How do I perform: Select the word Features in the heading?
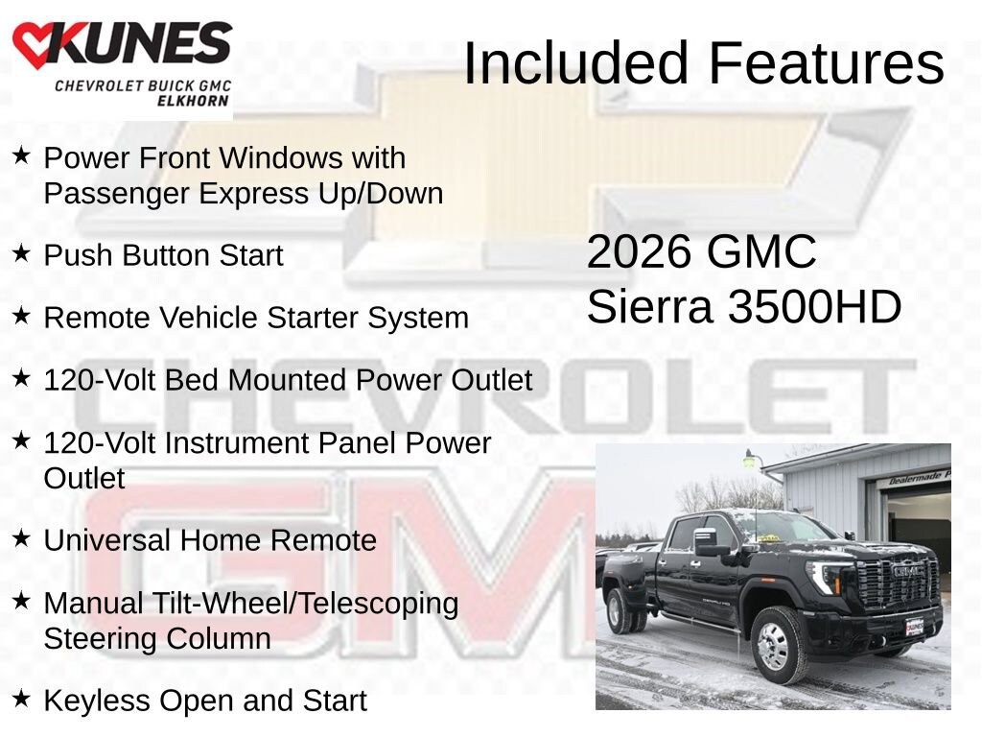click(x=827, y=63)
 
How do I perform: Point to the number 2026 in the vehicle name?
click(x=639, y=252)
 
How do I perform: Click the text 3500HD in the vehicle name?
click(x=814, y=307)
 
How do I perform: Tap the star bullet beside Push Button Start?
click(x=22, y=254)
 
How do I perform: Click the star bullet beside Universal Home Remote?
click(x=22, y=539)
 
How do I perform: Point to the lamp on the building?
click(x=751, y=461)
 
